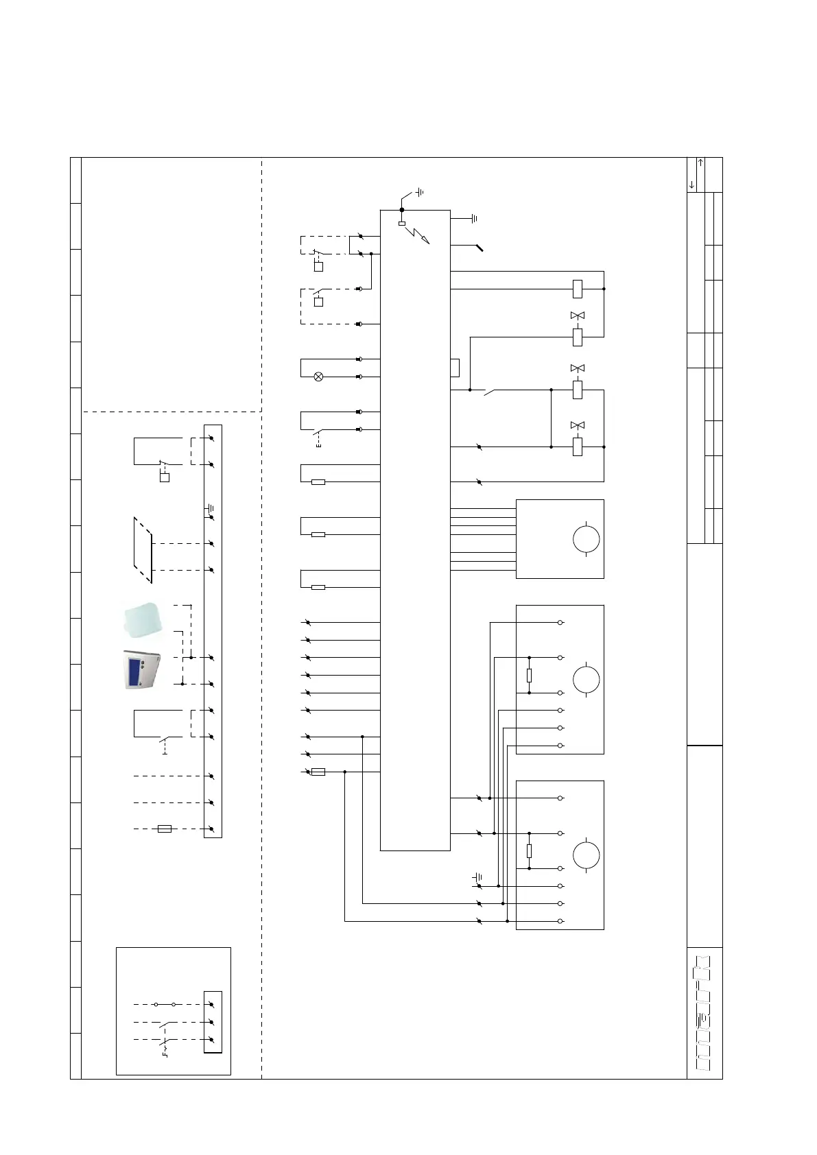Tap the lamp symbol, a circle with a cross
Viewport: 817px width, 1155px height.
click(x=318, y=377)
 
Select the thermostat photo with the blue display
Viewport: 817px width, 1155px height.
click(x=141, y=669)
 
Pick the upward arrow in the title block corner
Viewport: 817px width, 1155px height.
click(x=700, y=163)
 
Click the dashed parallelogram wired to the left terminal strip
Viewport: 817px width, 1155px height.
click(x=143, y=550)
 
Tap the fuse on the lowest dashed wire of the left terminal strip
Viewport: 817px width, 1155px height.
click(x=165, y=829)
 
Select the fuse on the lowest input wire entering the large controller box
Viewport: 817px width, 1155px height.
click(x=318, y=772)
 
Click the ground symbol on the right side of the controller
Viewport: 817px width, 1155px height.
click(x=473, y=219)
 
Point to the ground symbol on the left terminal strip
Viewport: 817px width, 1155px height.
click(x=211, y=509)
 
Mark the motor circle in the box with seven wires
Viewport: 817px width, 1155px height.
click(x=586, y=539)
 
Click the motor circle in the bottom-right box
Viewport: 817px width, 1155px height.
click(x=586, y=855)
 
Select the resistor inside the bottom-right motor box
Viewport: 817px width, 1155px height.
click(x=529, y=851)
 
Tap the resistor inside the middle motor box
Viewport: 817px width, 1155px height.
click(x=529, y=676)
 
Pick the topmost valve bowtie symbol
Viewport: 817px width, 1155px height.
click(x=578, y=315)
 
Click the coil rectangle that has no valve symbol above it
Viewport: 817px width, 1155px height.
click(x=578, y=289)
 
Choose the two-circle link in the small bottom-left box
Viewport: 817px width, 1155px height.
click(x=165, y=1004)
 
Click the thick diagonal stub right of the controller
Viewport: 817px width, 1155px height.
click(x=476, y=248)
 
